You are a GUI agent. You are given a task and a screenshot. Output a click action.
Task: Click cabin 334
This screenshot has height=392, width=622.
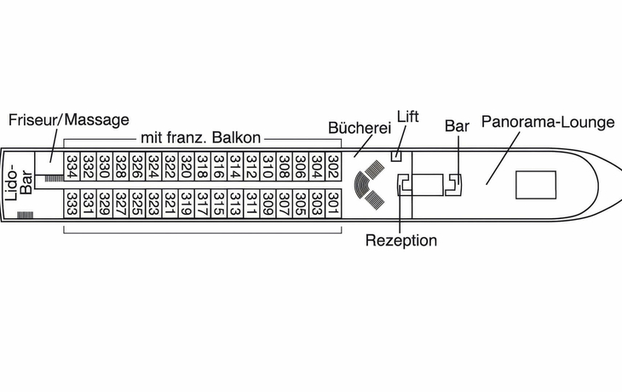pyautogui.click(x=72, y=166)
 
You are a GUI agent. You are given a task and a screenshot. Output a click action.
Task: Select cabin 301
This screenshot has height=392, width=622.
pyautogui.click(x=333, y=204)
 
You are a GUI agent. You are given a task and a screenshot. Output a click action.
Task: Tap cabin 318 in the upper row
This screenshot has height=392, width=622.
pyautogui.click(x=203, y=166)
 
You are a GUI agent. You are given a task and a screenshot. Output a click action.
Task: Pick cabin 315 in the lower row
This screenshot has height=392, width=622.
pyautogui.click(x=219, y=204)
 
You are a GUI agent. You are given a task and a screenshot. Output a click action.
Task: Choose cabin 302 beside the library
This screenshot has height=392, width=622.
pyautogui.click(x=333, y=166)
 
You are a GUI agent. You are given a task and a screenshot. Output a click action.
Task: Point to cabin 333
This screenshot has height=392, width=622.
pyautogui.click(x=72, y=204)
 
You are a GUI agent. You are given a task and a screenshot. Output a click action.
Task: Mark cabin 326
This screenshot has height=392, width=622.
pyautogui.click(x=137, y=166)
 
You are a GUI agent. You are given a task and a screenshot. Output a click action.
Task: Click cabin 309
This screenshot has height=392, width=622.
pyautogui.click(x=268, y=204)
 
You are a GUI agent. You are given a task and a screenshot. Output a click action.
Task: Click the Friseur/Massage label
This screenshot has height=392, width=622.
pyautogui.click(x=69, y=120)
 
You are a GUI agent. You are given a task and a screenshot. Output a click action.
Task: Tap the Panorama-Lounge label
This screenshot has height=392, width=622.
pyautogui.click(x=548, y=122)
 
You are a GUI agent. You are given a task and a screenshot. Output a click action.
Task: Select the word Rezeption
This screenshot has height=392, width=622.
pyautogui.click(x=401, y=240)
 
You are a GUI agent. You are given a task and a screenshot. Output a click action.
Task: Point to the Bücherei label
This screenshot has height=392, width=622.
pyautogui.click(x=360, y=128)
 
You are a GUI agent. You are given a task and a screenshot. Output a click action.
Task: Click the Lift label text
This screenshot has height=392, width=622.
pyautogui.click(x=408, y=116)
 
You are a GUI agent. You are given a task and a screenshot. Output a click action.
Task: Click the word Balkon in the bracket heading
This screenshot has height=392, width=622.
pyautogui.click(x=236, y=138)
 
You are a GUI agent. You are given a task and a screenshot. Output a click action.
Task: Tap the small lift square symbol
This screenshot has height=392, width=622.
pyautogui.click(x=396, y=156)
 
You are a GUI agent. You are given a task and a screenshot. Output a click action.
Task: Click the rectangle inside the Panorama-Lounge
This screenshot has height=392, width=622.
pyautogui.click(x=536, y=185)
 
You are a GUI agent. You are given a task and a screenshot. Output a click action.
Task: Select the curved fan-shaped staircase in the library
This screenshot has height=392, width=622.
pyautogui.click(x=360, y=184)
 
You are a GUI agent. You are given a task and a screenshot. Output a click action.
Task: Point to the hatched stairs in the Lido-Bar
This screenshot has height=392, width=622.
pyautogui.click(x=25, y=215)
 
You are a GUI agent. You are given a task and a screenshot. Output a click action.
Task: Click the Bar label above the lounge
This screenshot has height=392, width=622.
pyautogui.click(x=457, y=126)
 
